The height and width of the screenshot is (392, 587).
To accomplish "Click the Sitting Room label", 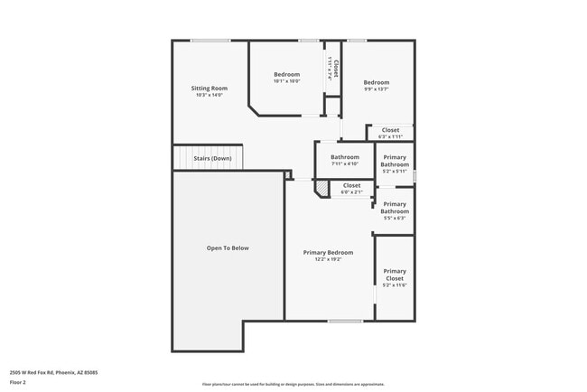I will point(207,88).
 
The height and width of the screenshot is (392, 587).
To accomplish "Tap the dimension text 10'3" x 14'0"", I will point(208,95).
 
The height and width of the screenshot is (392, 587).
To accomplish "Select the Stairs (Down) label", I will point(212,158).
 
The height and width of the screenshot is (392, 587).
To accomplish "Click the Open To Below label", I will point(228,247).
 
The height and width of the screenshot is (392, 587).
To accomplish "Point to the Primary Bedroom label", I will point(328,252).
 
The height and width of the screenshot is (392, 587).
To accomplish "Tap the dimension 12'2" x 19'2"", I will point(328,259).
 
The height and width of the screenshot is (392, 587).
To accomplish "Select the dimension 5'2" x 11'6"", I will point(395,285).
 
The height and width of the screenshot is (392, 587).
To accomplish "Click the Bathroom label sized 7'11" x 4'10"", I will point(345,157).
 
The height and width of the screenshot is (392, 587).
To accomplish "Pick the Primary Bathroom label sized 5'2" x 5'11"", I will point(395,161).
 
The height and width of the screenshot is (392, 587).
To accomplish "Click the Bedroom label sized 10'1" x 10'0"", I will point(286,74).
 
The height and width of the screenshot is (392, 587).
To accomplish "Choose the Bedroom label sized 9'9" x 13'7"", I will point(377,82).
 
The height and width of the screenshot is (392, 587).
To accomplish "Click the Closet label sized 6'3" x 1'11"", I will point(390,130).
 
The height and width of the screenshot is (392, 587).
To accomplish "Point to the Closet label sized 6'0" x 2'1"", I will point(351,185).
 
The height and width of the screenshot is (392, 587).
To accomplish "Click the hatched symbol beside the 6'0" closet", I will point(321,188).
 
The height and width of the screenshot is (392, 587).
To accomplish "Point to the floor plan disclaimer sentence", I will point(293,383).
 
